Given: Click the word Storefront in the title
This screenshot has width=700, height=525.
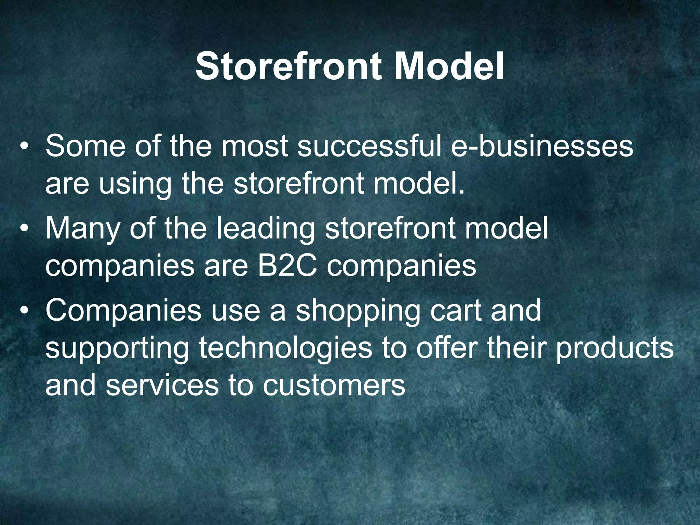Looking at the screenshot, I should click(x=288, y=67).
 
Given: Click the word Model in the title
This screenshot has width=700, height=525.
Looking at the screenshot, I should click(x=448, y=67).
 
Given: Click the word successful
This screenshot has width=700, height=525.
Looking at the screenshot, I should click(x=370, y=146).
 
